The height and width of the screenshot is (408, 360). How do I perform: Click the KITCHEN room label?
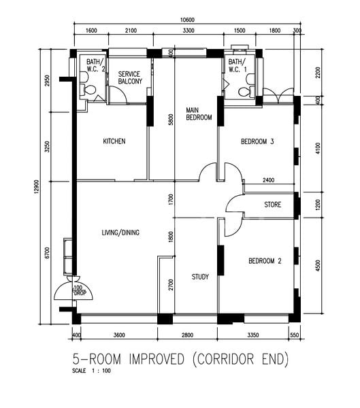click(114, 141)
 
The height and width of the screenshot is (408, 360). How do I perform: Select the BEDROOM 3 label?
click(257, 142)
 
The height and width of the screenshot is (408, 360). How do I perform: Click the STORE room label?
click(273, 204)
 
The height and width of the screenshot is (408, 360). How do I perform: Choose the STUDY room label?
click(200, 277)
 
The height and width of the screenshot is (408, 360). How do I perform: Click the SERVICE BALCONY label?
click(130, 78)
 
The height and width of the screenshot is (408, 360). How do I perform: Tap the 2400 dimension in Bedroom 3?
click(268, 180)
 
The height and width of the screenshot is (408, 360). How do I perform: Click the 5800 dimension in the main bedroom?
click(171, 120)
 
